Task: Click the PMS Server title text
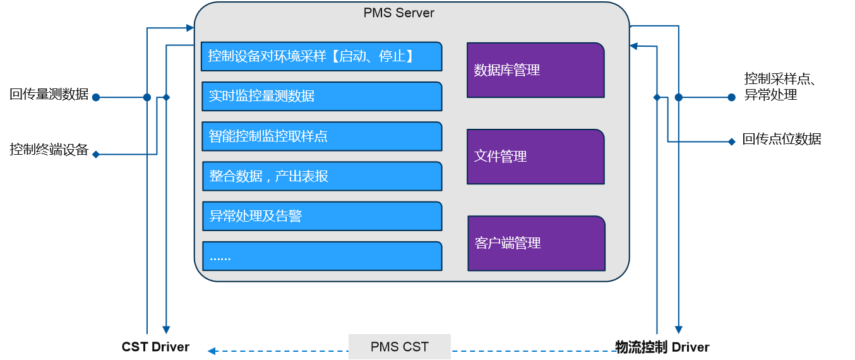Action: pos(398,13)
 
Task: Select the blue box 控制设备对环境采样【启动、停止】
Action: pos(321,56)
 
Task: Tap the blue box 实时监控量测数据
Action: pos(321,96)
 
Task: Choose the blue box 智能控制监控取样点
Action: pos(321,136)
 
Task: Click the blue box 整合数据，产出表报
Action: pos(321,176)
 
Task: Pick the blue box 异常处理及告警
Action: pos(321,216)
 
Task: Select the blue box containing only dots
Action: pos(321,256)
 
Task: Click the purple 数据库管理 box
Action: pos(535,70)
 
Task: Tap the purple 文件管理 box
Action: pos(535,156)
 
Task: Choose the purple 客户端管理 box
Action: pos(536,243)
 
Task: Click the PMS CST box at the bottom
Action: pos(399,347)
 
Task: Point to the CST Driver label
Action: pos(155,347)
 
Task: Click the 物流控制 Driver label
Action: pos(662,347)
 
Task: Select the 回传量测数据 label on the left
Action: pos(49,95)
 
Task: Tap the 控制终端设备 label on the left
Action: pos(49,150)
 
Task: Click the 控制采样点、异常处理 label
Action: pos(781,87)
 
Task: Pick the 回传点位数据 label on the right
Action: pos(782,139)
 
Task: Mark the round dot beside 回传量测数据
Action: pos(96,97)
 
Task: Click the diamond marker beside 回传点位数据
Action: pos(732,141)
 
